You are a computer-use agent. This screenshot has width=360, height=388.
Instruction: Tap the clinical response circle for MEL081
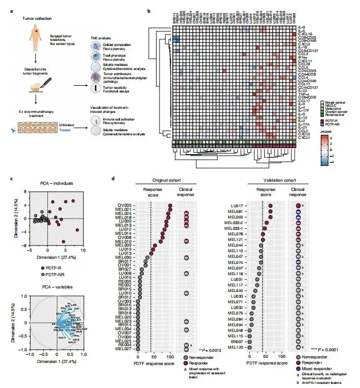click(298, 211)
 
